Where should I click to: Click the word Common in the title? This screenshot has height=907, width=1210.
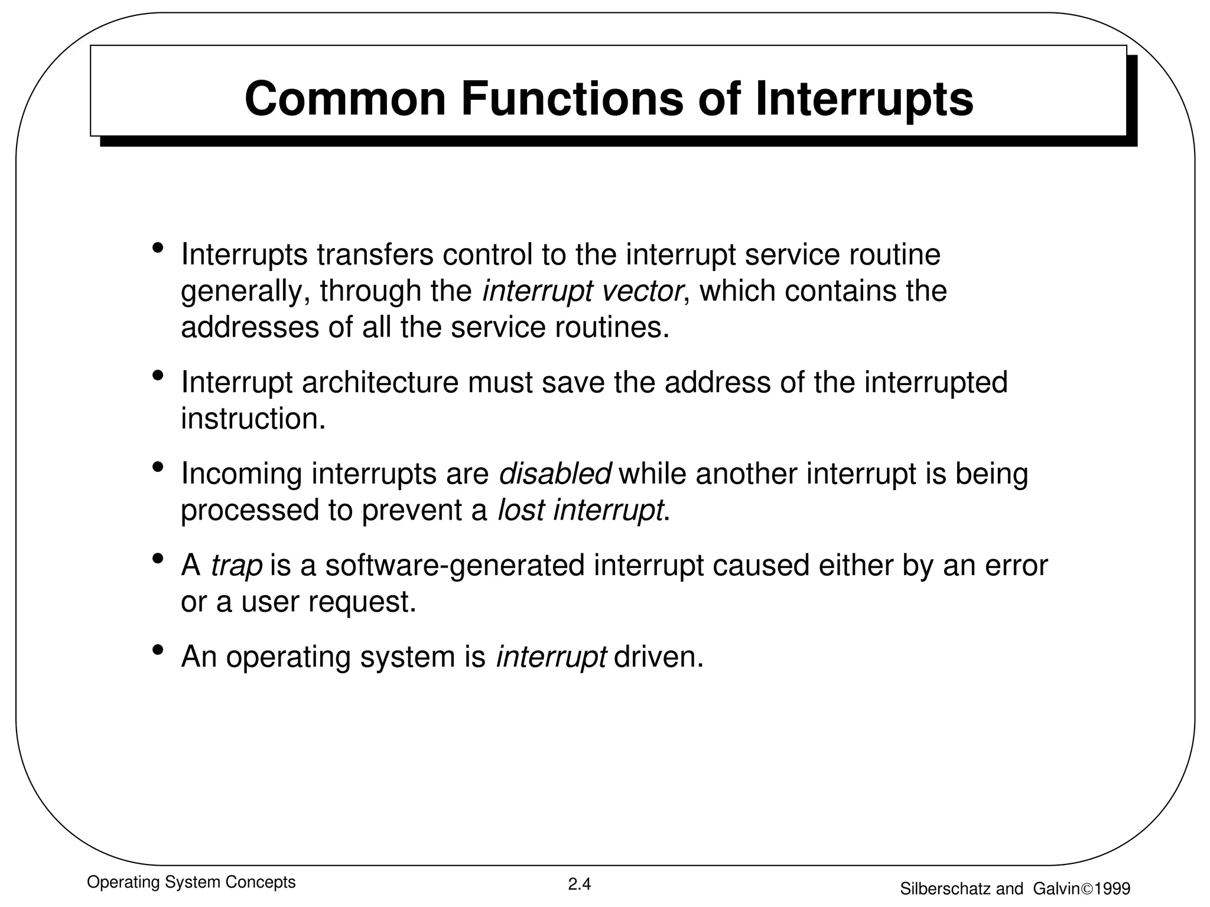345,99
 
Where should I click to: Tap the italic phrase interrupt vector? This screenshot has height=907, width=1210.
583,291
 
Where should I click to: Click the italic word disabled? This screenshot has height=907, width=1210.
555,474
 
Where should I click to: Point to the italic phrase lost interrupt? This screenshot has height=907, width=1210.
580,510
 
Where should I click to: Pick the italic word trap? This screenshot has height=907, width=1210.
236,565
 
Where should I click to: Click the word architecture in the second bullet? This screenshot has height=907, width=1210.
380,382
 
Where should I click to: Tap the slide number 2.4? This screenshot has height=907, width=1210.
579,884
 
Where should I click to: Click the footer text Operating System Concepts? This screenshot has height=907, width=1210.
191,882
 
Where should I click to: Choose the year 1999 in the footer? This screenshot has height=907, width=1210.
1112,889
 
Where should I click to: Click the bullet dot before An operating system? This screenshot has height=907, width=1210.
157,651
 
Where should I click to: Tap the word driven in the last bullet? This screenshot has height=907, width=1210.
658,657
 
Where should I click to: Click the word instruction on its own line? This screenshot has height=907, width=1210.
253,419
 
